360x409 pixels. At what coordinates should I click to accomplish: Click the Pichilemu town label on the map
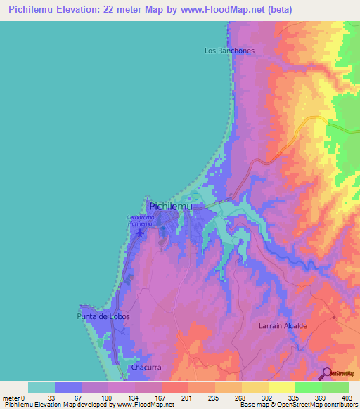tap(172, 207)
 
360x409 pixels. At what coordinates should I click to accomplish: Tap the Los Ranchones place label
tap(229, 51)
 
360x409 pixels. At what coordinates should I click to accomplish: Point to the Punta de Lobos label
tap(102, 317)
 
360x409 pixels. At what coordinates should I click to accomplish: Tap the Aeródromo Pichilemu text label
tap(140, 220)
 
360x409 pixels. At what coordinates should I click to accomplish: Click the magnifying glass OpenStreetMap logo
tap(326, 373)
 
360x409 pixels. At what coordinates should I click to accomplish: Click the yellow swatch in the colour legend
tap(281, 387)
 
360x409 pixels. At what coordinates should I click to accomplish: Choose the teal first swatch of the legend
tap(41, 387)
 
